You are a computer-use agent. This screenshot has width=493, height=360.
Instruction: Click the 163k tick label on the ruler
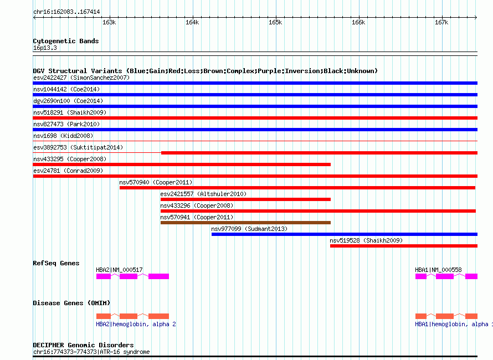point(109,22)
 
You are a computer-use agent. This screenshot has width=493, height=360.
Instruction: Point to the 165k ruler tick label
point(275,22)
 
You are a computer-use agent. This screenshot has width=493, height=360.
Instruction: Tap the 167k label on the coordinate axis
point(441,22)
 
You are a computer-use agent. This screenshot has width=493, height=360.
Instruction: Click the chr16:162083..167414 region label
point(66,12)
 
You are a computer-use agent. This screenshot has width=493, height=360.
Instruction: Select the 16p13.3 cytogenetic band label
point(45,48)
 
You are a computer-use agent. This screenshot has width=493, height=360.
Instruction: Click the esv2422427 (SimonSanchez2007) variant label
point(81,78)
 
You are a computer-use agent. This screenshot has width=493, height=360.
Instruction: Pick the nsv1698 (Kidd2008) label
point(63,136)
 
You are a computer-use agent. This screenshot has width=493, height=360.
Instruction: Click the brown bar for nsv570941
point(245,223)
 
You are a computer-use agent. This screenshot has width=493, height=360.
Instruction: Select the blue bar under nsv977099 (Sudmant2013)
point(345,234)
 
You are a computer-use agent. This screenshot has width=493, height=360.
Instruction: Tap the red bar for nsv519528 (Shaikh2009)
point(404,246)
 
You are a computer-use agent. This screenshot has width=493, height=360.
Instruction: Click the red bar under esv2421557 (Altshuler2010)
point(245,199)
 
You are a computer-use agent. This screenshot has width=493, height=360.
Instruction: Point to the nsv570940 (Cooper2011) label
point(156,182)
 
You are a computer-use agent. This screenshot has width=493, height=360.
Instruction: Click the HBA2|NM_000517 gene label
point(119,270)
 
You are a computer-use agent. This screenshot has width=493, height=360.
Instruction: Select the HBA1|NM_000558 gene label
point(438,270)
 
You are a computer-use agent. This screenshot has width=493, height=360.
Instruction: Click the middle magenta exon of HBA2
point(129,276)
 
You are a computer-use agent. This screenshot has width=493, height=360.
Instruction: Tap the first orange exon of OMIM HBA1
point(421,316)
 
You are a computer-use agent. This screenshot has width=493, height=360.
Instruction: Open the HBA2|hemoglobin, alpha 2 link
point(136,324)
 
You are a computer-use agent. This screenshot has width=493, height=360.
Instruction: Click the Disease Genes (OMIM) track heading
point(71,303)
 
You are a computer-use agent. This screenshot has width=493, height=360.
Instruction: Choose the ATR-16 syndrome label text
point(125,352)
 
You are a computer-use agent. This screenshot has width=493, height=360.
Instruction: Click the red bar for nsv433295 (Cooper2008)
point(182,164)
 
